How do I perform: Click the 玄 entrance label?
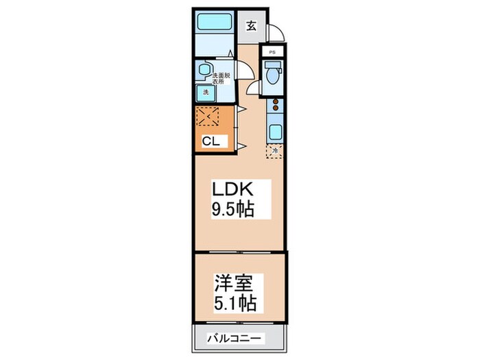pyautogui.click(x=251, y=27)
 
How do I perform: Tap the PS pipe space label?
pyautogui.click(x=272, y=52)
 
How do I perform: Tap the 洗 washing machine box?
pyautogui.click(x=204, y=92)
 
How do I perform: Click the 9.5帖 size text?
pyautogui.click(x=232, y=210)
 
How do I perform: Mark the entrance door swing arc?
pyautogui.click(x=275, y=34)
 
